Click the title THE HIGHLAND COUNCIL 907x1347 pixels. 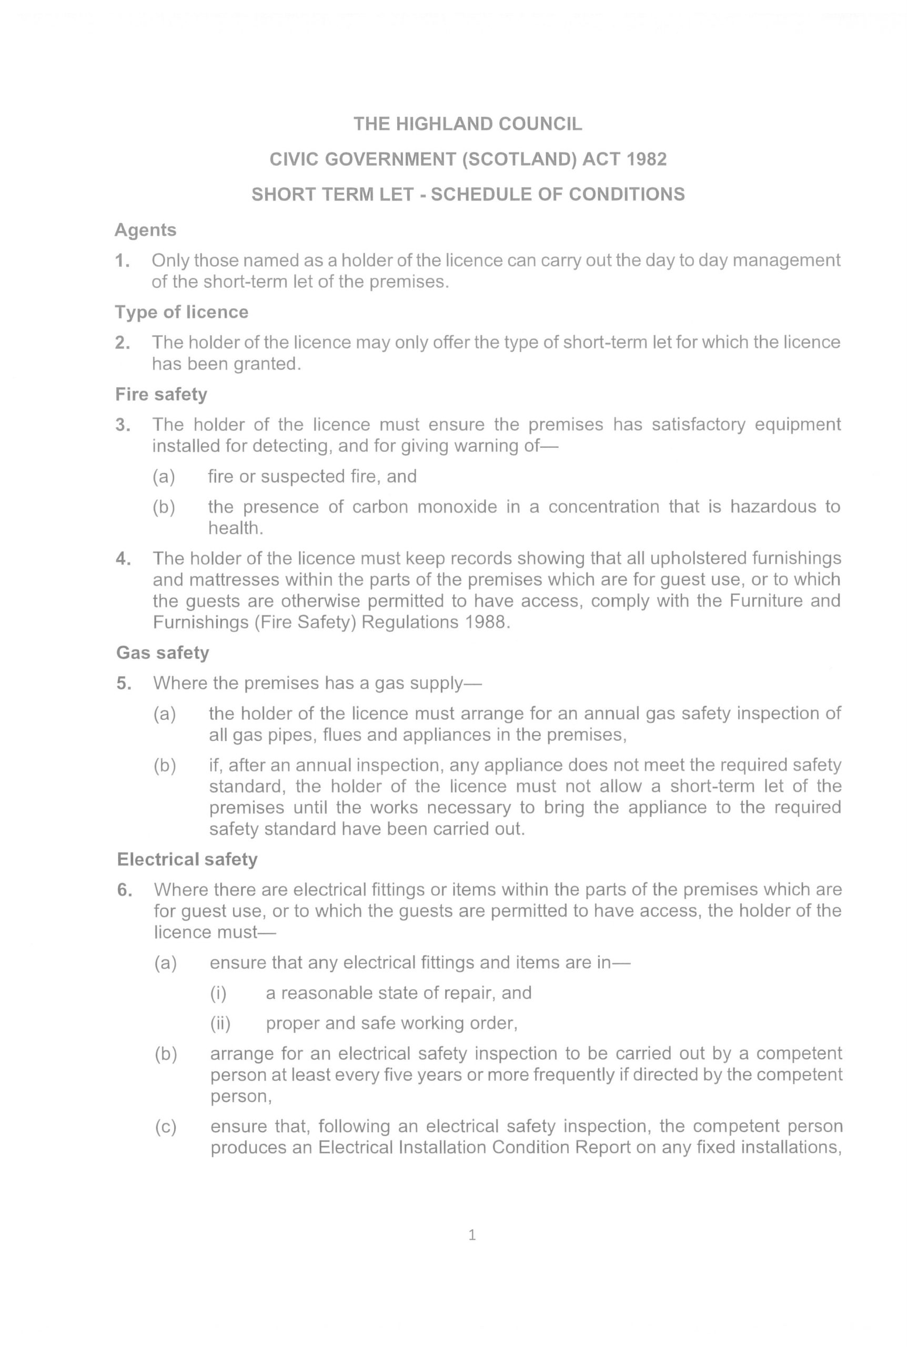point(467,124)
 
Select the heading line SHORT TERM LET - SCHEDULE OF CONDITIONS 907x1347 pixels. point(467,194)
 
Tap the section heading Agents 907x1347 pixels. point(145,230)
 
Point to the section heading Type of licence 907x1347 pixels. point(181,313)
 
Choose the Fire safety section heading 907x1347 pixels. point(161,395)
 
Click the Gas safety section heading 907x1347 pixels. point(162,653)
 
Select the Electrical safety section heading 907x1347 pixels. point(187,859)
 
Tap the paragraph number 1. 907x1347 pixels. point(122,262)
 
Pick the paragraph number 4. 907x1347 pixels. point(123,559)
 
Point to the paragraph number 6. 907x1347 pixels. point(124,890)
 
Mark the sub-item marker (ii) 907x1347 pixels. point(220,1024)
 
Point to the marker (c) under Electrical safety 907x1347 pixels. point(165,1127)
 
